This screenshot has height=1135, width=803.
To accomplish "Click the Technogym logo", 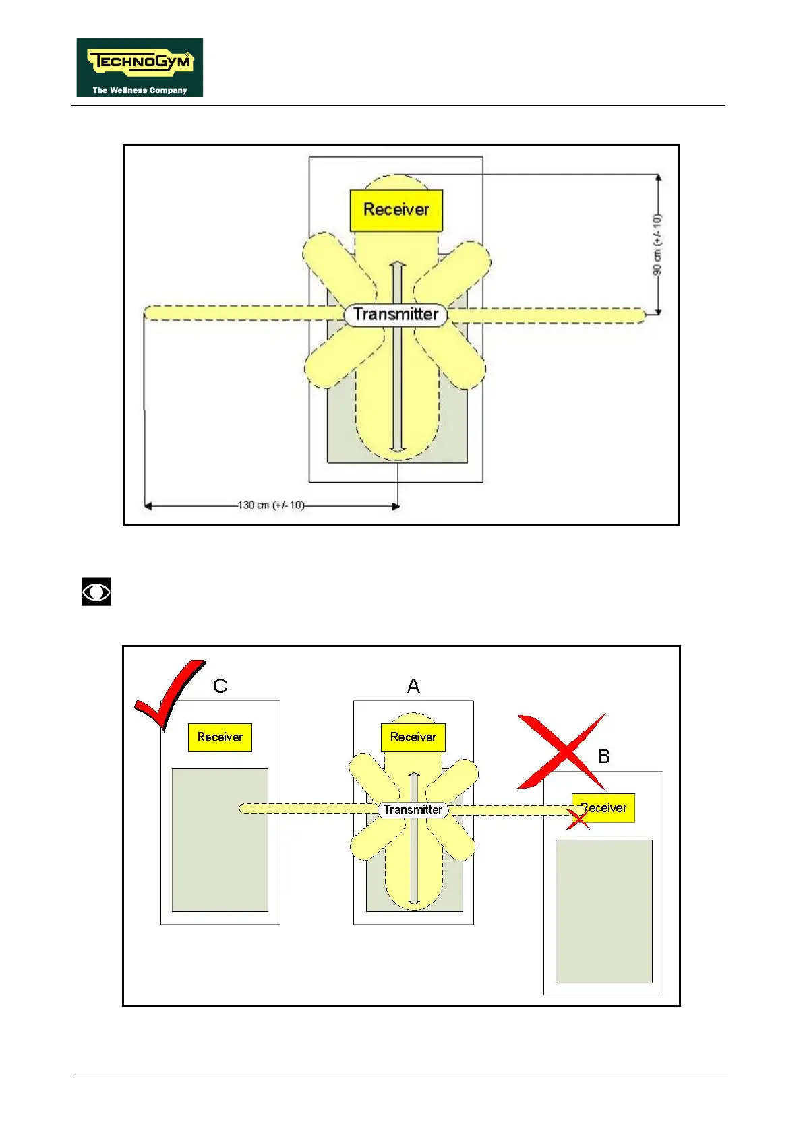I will [x=140, y=67].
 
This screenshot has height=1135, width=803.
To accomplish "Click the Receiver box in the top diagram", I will [x=396, y=210].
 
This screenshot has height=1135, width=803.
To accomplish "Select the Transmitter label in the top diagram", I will [x=396, y=315].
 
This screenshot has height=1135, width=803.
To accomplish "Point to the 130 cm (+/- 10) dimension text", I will [x=271, y=505].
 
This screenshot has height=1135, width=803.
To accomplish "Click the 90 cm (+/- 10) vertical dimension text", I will [x=657, y=244].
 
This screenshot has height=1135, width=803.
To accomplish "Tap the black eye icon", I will [x=96, y=592].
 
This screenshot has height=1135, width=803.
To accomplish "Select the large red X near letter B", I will [x=561, y=751].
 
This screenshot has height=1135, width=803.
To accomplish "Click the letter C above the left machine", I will [x=220, y=686].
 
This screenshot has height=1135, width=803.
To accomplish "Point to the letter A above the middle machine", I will [x=413, y=686].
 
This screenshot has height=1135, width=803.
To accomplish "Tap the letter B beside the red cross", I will [x=603, y=756].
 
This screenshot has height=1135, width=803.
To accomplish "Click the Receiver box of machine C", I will [x=220, y=737].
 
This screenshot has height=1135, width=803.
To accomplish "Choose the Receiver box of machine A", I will [x=413, y=737].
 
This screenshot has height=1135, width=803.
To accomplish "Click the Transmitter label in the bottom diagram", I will [x=413, y=809].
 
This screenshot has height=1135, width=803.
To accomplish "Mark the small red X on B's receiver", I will [x=578, y=819].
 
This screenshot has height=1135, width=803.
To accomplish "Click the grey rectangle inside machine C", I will [x=220, y=840].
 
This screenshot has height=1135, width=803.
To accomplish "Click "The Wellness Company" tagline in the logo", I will [x=140, y=90].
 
